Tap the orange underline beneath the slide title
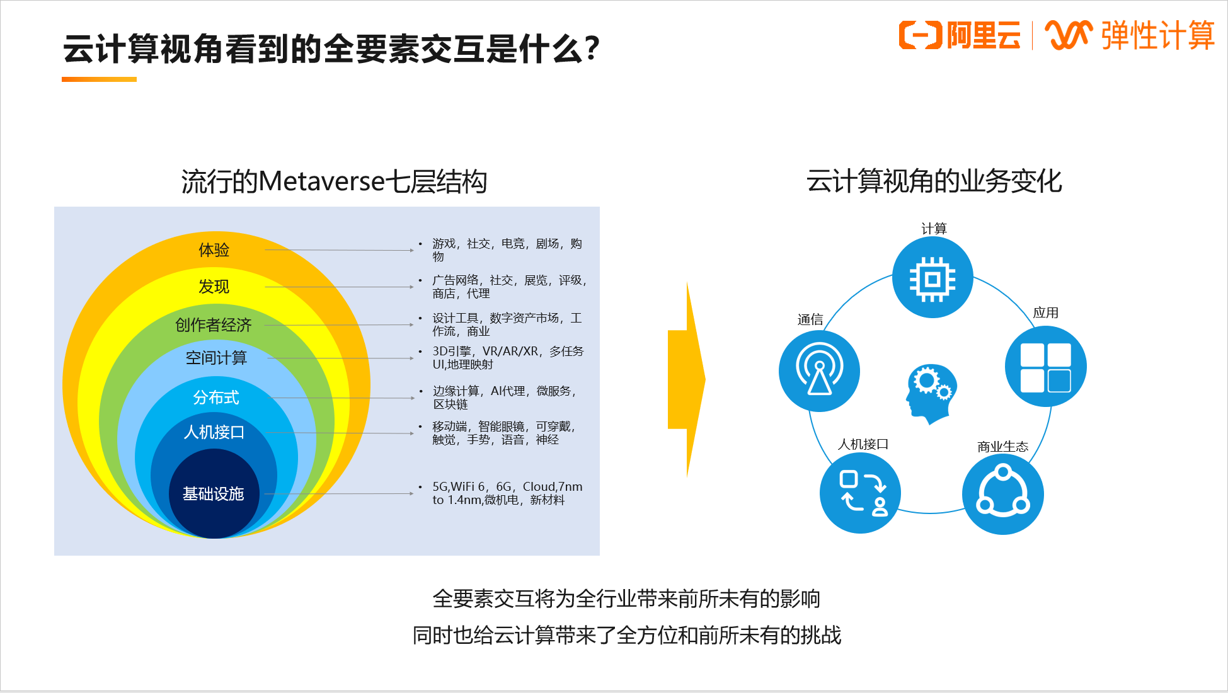click(99, 79)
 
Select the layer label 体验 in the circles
click(214, 250)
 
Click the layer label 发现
click(214, 287)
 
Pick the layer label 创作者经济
click(214, 325)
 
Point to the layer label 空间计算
click(216, 358)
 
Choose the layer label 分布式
click(216, 398)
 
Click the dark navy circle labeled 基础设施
click(214, 493)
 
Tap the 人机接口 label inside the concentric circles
click(214, 432)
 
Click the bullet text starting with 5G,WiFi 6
click(507, 493)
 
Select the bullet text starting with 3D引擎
click(508, 358)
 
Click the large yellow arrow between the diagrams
click(687, 380)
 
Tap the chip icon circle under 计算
click(932, 278)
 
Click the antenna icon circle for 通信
click(819, 371)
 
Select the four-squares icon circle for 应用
click(1046, 367)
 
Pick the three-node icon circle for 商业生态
click(1003, 495)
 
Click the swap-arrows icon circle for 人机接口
click(861, 493)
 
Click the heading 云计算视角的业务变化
click(934, 181)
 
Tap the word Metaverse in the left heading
click(322, 181)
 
